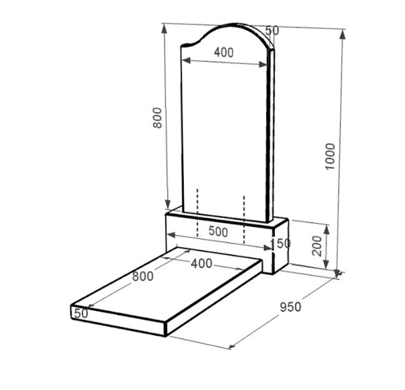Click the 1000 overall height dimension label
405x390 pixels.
(330, 156)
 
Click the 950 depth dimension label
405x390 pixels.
(290, 307)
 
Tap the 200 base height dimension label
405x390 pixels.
(317, 245)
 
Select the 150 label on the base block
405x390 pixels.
(280, 244)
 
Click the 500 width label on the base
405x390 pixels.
(218, 231)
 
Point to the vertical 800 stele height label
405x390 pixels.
(157, 118)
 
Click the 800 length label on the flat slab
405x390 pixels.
(143, 277)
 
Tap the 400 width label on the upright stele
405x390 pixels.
(224, 52)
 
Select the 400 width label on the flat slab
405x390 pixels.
(201, 264)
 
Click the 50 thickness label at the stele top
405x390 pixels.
(272, 31)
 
